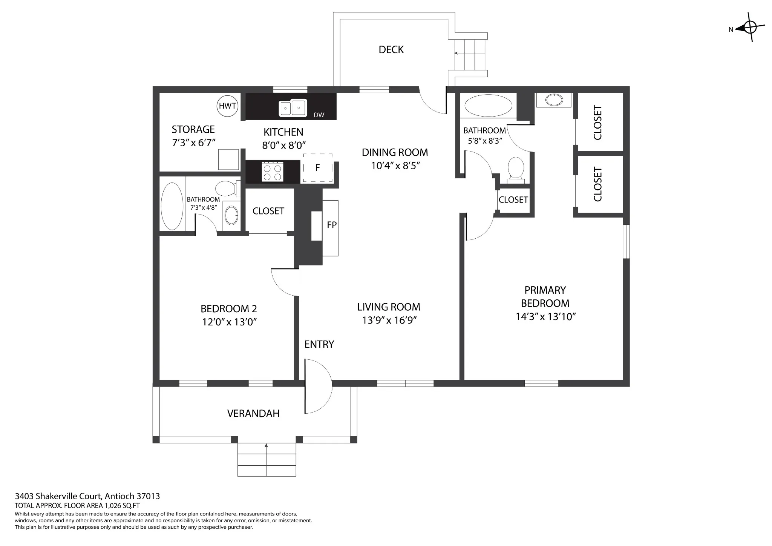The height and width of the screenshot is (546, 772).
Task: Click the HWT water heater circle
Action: click(227, 106)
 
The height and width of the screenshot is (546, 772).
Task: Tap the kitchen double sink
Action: click(293, 108)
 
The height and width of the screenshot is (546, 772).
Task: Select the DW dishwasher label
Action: click(319, 115)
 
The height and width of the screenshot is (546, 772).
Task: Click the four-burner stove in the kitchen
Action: click(273, 172)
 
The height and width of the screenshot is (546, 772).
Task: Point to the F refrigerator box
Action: click(318, 168)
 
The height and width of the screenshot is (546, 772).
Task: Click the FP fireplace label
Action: click(332, 225)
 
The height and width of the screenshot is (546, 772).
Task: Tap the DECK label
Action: click(391, 50)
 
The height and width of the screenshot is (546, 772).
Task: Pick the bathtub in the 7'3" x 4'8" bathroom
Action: click(172, 206)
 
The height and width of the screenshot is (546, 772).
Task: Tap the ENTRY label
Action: click(319, 344)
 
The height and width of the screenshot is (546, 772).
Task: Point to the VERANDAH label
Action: click(253, 414)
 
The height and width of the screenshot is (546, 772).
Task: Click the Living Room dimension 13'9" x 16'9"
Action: click(389, 320)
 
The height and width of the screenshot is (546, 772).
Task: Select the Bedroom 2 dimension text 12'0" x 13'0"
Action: click(229, 322)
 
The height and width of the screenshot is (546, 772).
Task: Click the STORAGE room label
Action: click(193, 129)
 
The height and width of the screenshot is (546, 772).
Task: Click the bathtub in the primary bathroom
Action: click(489, 106)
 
